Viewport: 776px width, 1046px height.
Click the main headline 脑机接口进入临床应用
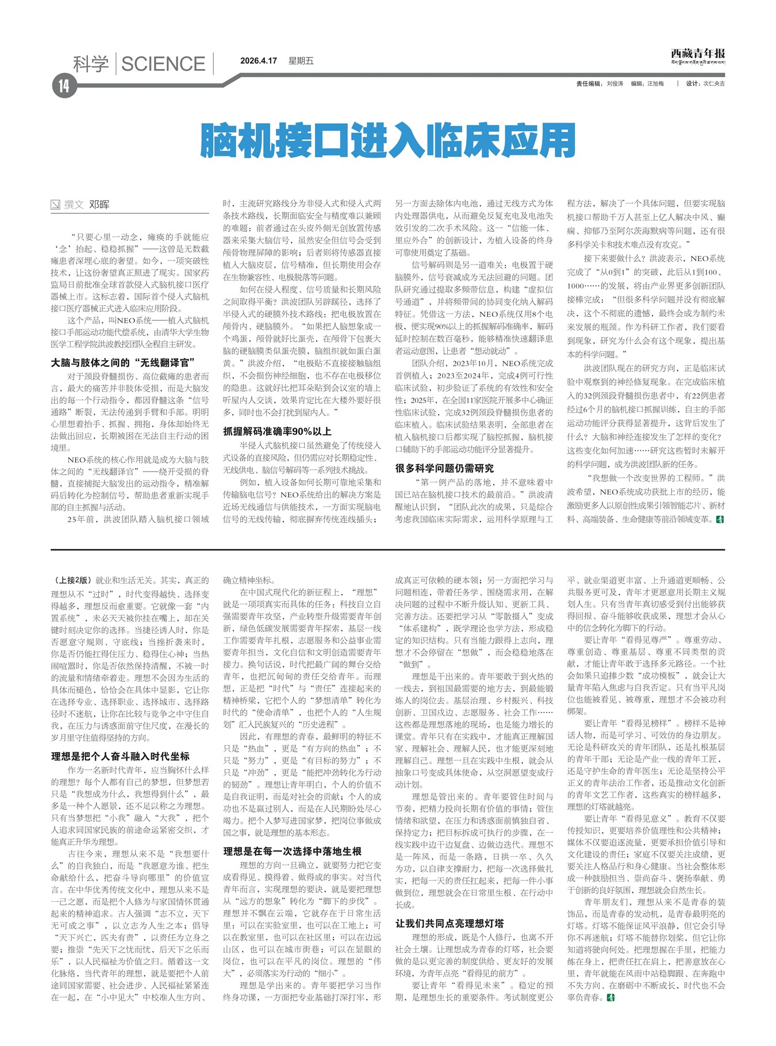388,140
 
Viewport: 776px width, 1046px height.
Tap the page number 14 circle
63,86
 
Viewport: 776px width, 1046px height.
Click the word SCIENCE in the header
163,64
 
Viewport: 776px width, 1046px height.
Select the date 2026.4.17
259,61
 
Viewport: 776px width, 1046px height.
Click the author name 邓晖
99,205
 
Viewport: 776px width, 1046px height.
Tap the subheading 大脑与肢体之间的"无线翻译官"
123,363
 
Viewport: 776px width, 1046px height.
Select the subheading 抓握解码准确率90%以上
277,431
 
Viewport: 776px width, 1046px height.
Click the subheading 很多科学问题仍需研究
444,468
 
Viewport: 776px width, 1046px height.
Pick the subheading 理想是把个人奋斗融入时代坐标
120,756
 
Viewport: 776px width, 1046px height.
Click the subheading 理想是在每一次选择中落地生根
292,851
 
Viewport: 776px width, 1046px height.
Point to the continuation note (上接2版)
72,581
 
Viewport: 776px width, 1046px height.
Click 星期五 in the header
301,61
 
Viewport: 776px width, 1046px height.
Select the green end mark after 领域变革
720,519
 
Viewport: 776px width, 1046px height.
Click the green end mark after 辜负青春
610,997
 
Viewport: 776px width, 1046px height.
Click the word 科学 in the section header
91,64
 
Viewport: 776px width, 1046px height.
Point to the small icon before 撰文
56,205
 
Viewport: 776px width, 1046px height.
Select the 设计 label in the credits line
692,84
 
